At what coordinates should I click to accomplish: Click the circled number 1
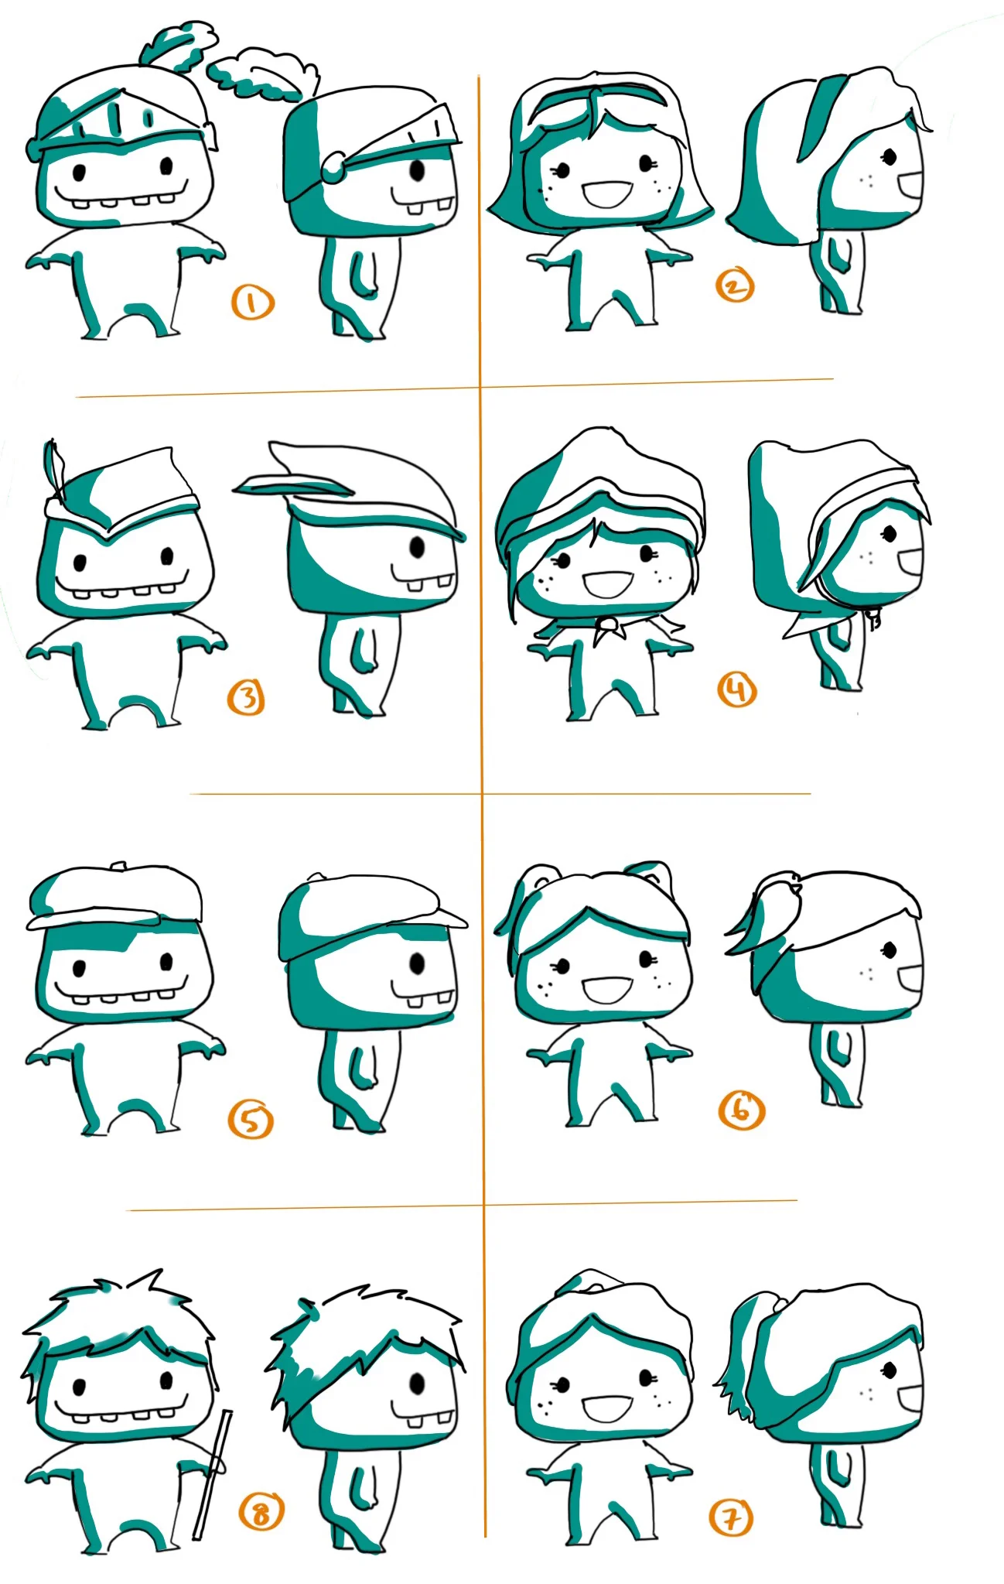pyautogui.click(x=252, y=303)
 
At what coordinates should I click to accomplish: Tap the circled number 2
pyautogui.click(x=734, y=286)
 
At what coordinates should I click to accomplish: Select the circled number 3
pyautogui.click(x=246, y=698)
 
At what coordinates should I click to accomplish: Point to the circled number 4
pyautogui.click(x=736, y=689)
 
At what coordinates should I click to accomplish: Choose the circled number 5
pyautogui.click(x=251, y=1120)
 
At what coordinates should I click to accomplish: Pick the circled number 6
pyautogui.click(x=742, y=1110)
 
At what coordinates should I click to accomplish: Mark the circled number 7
pyautogui.click(x=730, y=1517)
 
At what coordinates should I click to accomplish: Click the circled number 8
pyautogui.click(x=261, y=1511)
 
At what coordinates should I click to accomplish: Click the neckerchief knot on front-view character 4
pyautogui.click(x=609, y=629)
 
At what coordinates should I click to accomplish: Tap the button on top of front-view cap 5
pyautogui.click(x=118, y=864)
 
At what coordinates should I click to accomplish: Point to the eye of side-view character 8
pyautogui.click(x=418, y=1384)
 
